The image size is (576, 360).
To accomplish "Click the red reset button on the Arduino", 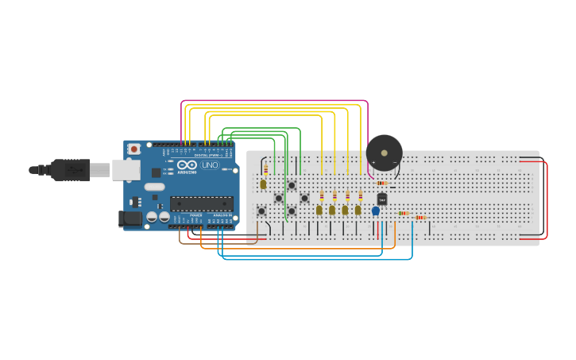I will tap(134, 149).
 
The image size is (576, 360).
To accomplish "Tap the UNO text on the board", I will tap(210, 165).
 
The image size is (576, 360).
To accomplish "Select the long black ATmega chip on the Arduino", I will tap(201, 204).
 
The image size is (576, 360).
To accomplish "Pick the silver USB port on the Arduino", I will tap(125, 169).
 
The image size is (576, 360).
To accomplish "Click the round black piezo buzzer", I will tap(384, 152).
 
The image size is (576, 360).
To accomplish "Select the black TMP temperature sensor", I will tap(382, 199).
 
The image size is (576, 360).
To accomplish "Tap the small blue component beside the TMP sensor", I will tap(376, 211).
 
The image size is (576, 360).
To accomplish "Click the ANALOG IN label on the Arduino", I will tap(222, 215).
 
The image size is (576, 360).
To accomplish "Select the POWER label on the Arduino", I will tap(195, 215).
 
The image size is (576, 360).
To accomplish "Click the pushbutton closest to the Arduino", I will tap(261, 211).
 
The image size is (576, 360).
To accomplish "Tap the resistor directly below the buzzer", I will tap(382, 183).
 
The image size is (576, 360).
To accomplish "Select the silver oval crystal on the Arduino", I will tap(155, 188).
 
